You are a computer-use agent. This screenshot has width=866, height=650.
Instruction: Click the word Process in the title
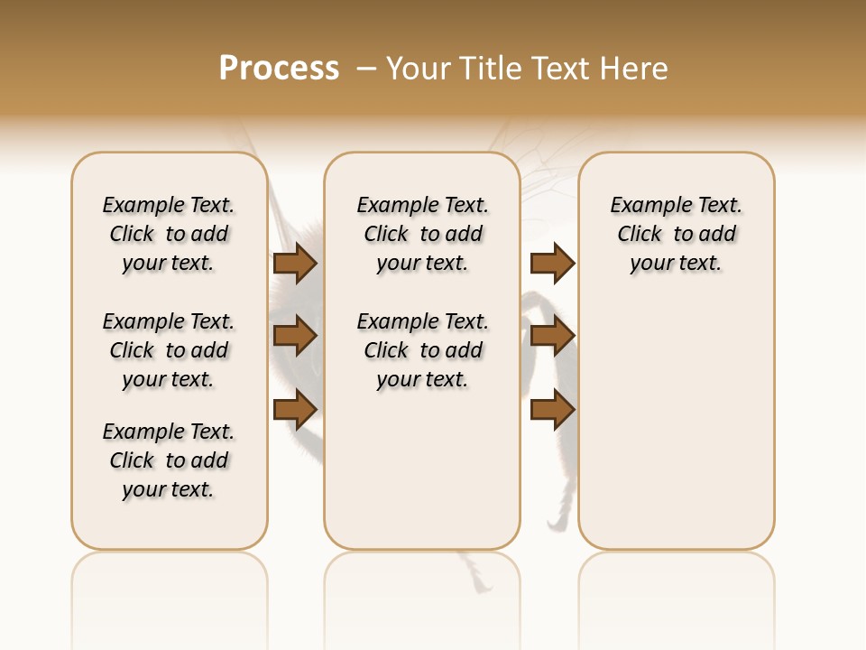pyautogui.click(x=279, y=69)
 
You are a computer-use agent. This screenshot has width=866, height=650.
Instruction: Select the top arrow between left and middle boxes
pyautogui.click(x=295, y=264)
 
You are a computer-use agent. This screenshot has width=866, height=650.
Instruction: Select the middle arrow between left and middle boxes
pyautogui.click(x=295, y=337)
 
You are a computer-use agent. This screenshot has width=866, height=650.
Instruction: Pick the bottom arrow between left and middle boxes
pyautogui.click(x=295, y=410)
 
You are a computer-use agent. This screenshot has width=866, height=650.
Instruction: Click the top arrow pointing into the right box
pyautogui.click(x=552, y=264)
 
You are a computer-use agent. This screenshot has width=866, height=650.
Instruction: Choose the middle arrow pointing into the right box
pyautogui.click(x=552, y=337)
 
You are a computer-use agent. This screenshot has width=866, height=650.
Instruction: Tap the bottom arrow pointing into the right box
pyautogui.click(x=552, y=410)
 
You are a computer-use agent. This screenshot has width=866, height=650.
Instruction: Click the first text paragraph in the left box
pyautogui.click(x=169, y=234)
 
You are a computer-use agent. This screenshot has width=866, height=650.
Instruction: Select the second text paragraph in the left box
pyautogui.click(x=169, y=350)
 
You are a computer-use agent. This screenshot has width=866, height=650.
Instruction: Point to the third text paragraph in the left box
pyautogui.click(x=169, y=460)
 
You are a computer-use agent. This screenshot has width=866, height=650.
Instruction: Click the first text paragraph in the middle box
pyautogui.click(x=423, y=234)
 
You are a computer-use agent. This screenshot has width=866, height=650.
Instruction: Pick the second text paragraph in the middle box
pyautogui.click(x=423, y=350)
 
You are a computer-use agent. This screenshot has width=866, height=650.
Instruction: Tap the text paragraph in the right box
pyautogui.click(x=677, y=234)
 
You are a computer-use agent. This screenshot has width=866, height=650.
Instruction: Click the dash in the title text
pyautogui.click(x=366, y=69)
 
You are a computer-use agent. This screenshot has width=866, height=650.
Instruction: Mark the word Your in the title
pyautogui.click(x=418, y=69)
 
